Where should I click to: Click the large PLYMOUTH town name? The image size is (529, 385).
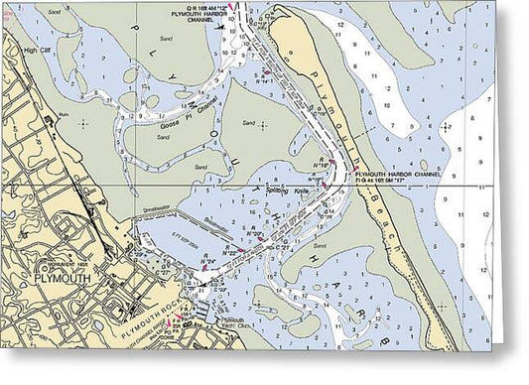[x=63, y=279]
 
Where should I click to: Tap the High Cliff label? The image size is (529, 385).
[x=37, y=49]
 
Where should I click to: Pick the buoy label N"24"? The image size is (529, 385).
[x=209, y=262]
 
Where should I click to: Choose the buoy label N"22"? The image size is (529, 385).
[x=229, y=251]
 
